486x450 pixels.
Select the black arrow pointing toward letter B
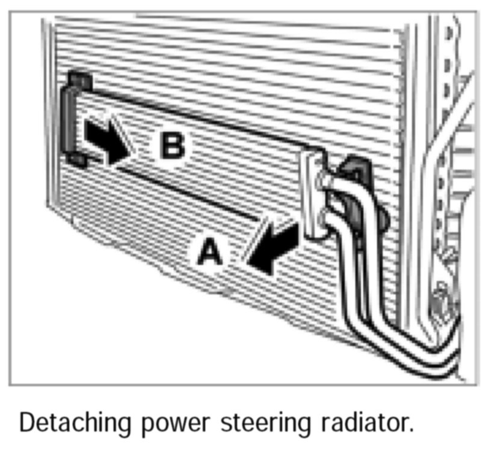[106, 140]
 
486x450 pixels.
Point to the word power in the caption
[174, 424]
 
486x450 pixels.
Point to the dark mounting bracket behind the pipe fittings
[356, 180]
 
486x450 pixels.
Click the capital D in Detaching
[26, 422]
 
